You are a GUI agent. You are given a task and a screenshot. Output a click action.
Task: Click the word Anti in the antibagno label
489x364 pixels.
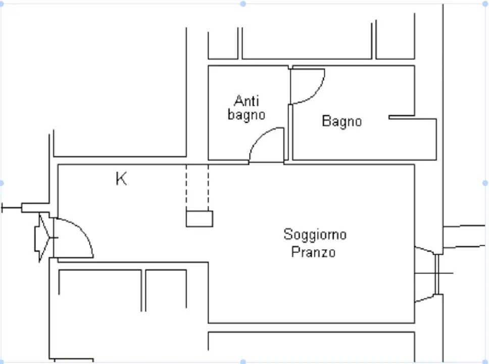(x=246, y=101)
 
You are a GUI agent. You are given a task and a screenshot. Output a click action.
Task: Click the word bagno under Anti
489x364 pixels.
(x=246, y=115)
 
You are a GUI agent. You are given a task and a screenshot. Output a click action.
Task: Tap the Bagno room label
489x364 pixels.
(x=342, y=121)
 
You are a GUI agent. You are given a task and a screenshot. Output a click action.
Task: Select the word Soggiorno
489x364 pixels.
(x=315, y=235)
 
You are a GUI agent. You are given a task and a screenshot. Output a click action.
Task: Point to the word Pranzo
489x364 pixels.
(x=313, y=251)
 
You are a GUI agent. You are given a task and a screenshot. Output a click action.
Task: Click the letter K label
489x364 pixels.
(x=121, y=178)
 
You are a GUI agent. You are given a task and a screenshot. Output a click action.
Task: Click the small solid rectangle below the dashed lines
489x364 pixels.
(x=199, y=218)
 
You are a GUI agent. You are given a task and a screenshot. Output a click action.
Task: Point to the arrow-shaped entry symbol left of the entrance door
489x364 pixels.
(x=43, y=237)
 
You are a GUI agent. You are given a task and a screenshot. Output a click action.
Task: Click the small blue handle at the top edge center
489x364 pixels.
(x=243, y=4)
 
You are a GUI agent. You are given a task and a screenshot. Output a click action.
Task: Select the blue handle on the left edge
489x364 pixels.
(x=2, y=183)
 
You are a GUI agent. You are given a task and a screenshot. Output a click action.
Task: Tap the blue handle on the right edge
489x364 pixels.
(x=485, y=183)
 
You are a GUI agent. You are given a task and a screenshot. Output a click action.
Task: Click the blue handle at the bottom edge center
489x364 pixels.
(x=243, y=361)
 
